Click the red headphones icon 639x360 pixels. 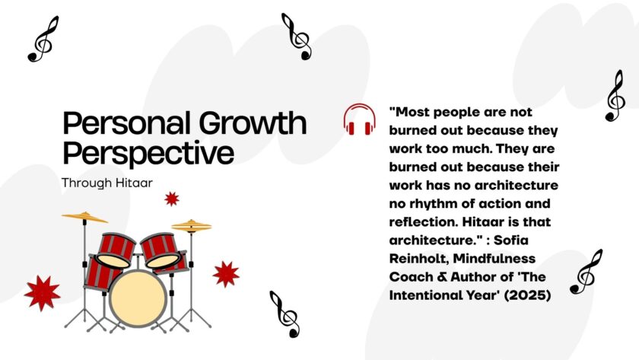359,119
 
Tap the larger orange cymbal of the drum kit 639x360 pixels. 84,218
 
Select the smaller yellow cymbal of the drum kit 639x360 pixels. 191,225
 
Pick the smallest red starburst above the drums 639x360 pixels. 172,199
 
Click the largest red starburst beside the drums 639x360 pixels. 42,292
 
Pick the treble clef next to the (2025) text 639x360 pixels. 586,271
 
